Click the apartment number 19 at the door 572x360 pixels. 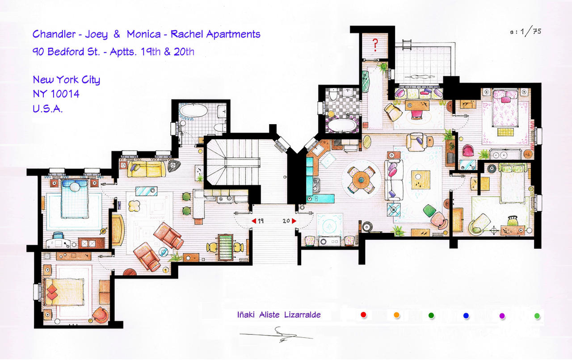[x=261, y=221]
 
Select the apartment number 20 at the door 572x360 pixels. [x=287, y=221]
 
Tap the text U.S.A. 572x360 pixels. [x=47, y=109]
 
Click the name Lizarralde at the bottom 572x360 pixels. [x=303, y=314]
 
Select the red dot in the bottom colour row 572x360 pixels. [x=363, y=315]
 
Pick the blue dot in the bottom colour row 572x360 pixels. [x=466, y=316]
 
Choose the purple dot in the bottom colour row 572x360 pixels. [x=502, y=316]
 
